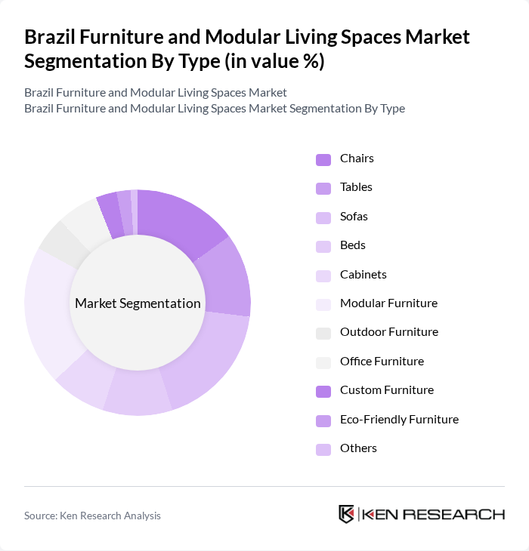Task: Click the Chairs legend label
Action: (357, 159)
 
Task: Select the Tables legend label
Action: (356, 187)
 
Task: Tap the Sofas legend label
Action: (354, 217)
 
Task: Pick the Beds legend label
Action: (352, 245)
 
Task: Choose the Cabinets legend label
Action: (363, 275)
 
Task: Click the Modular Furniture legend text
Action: (388, 303)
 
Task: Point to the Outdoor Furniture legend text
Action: (388, 332)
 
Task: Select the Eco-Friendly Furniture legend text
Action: (399, 420)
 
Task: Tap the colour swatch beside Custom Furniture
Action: (323, 391)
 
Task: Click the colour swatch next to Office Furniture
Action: (323, 362)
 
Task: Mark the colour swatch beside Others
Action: (323, 449)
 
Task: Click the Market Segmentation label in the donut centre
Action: (138, 303)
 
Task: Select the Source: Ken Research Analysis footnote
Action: (92, 516)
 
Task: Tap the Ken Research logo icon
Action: (347, 514)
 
